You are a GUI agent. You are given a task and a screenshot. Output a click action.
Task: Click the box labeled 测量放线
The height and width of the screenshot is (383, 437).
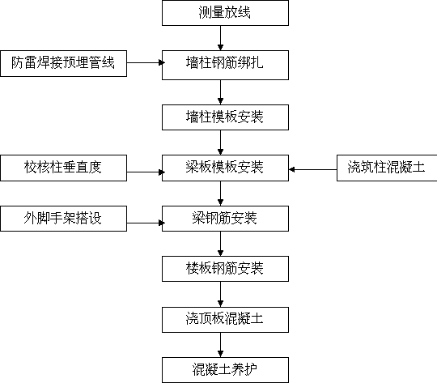225,13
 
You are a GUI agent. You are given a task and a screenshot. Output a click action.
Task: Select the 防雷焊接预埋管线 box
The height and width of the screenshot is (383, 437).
64,63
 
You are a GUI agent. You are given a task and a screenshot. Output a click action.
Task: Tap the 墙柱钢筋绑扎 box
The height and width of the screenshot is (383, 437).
225,65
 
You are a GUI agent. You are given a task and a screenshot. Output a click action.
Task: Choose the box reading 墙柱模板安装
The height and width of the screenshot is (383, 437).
225,117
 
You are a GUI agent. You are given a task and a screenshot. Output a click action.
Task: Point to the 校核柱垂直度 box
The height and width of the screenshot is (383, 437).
64,168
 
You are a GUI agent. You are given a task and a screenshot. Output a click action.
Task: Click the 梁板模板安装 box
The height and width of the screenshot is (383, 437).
225,168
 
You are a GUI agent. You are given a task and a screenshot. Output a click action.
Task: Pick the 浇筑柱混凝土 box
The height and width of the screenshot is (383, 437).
387,168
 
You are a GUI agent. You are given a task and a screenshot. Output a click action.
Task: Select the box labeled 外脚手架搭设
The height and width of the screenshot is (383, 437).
64,219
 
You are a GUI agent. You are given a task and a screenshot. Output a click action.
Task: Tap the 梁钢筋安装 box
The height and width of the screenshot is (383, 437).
225,219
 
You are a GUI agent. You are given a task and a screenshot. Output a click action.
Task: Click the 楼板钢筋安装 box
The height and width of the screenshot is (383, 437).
225,269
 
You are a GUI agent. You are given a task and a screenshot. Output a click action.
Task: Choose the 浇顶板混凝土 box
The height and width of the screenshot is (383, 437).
225,320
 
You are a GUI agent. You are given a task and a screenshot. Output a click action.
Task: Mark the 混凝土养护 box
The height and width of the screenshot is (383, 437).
225,370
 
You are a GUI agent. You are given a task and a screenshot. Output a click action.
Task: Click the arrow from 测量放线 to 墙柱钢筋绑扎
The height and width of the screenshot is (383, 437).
220,38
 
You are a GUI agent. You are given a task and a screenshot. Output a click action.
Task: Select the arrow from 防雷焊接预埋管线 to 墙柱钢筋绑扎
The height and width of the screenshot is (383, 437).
145,62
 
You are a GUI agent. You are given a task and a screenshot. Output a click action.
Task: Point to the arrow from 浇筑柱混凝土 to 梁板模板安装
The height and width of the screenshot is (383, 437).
312,169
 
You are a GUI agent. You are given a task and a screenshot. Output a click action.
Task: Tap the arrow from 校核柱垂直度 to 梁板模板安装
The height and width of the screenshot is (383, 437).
145,172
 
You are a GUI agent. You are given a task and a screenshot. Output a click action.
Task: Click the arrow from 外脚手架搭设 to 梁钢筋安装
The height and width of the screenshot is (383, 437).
145,223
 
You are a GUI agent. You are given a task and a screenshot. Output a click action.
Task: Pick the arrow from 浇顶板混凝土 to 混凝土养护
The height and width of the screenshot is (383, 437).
220,345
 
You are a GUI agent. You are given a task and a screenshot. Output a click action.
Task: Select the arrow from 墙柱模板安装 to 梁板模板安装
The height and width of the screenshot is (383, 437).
220,143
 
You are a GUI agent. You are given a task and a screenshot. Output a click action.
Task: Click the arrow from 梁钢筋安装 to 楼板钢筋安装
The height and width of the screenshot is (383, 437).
220,244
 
